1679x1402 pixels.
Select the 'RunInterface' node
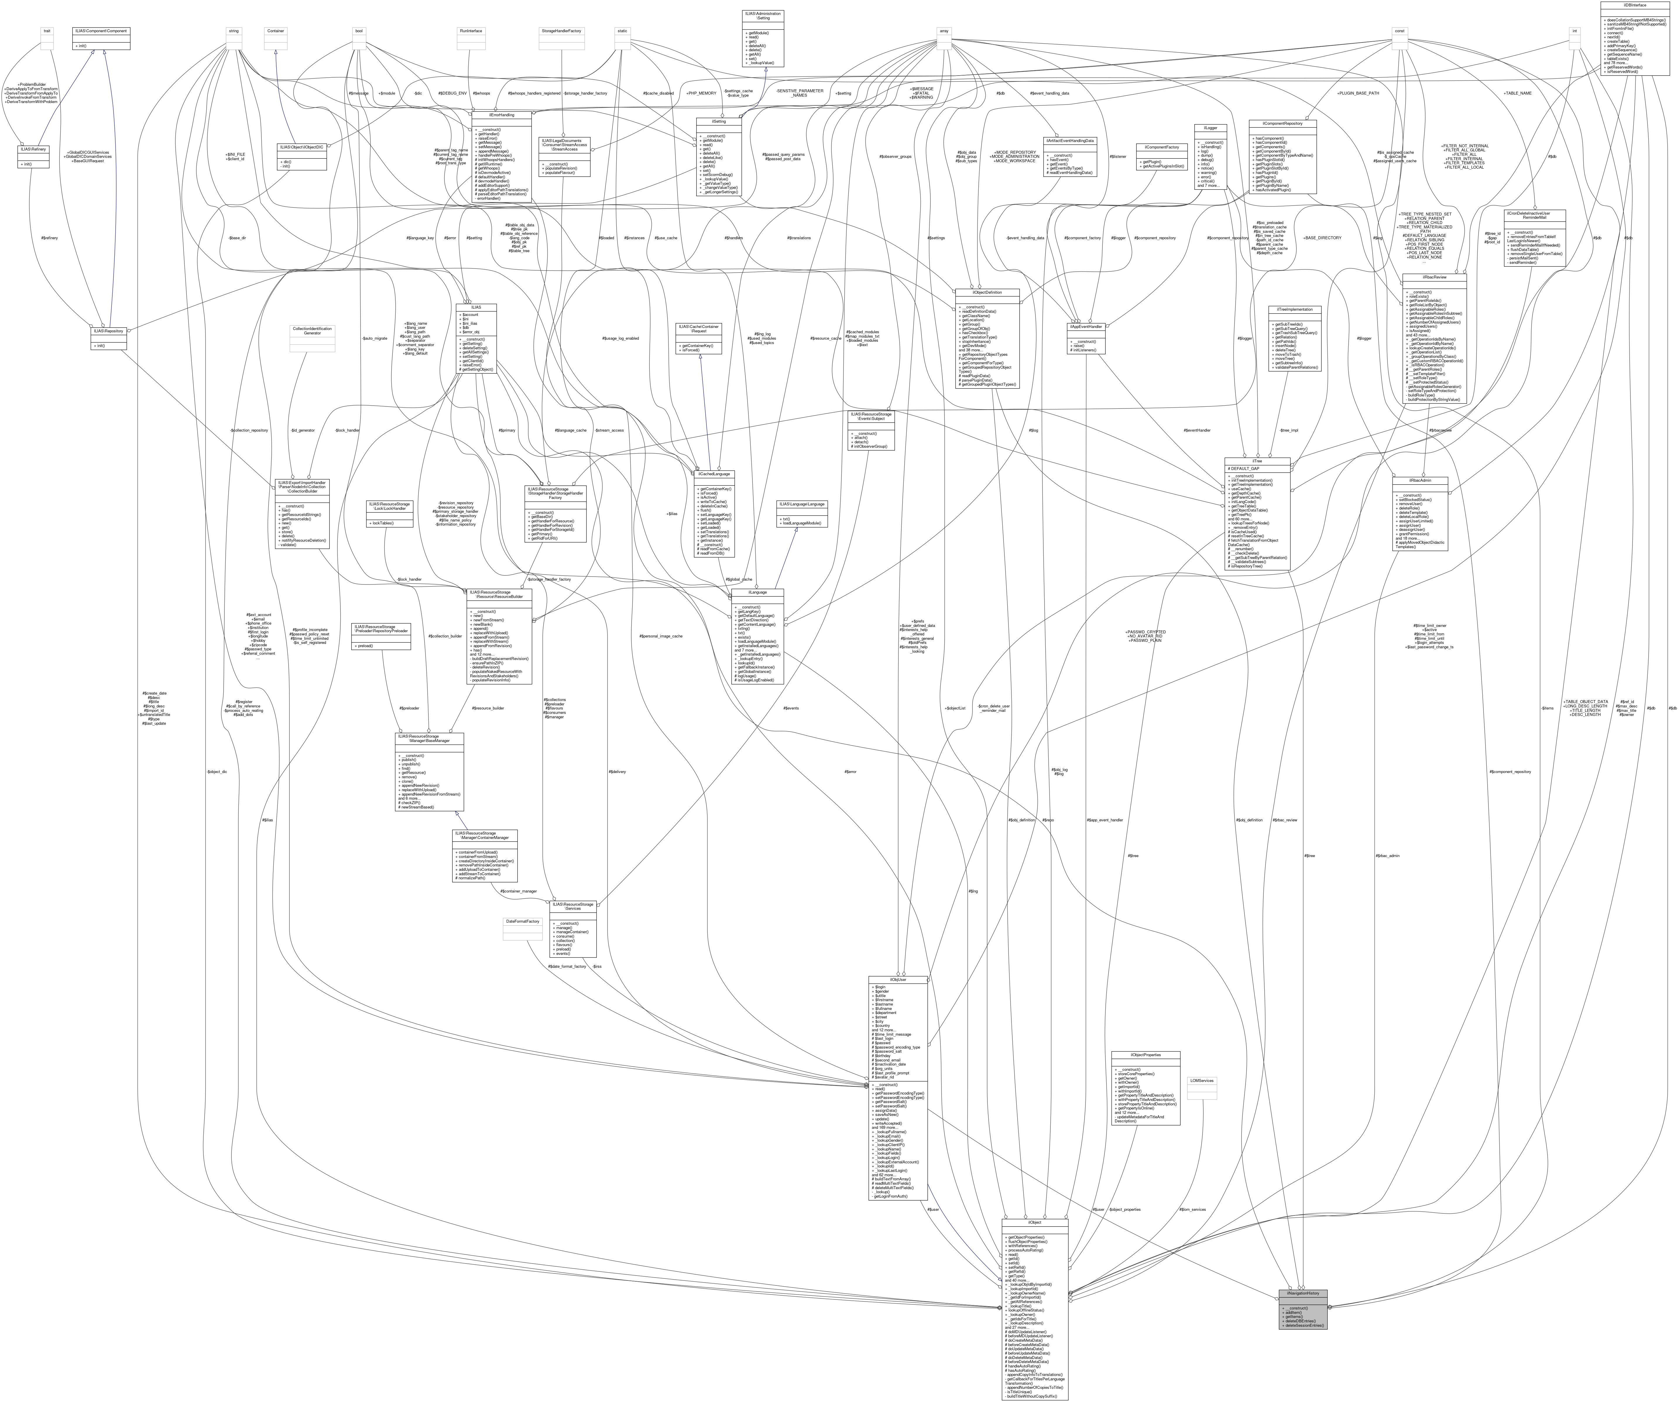[471, 31]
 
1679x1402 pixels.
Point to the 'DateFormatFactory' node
[523, 921]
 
